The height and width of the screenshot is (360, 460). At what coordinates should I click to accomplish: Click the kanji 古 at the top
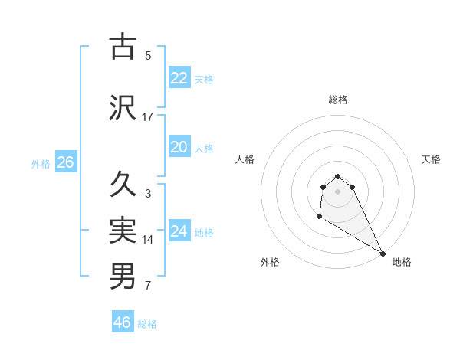(123, 47)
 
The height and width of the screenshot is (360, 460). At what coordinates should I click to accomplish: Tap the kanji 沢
(123, 107)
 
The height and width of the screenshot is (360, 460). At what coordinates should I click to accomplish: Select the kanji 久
(123, 184)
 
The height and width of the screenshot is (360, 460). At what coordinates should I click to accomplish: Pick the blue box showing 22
(179, 78)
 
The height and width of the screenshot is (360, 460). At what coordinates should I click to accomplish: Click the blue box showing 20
(179, 148)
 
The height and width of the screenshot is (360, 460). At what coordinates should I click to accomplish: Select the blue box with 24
(179, 231)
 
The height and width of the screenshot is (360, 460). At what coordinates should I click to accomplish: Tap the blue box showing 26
(65, 162)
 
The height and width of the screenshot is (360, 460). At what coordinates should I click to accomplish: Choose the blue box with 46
(123, 322)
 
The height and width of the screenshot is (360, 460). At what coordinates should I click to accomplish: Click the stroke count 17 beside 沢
(148, 117)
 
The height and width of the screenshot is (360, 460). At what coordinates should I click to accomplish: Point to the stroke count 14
(148, 240)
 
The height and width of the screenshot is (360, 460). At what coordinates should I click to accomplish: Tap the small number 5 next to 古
(148, 56)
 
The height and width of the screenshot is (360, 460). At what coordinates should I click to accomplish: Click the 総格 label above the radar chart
(338, 100)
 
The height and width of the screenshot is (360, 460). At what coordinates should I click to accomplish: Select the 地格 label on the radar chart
(402, 262)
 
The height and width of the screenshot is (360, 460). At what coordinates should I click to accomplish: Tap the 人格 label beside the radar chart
(245, 159)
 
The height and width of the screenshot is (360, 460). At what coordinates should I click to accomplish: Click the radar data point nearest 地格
(383, 253)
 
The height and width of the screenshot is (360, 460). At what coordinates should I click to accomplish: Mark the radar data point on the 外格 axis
(319, 217)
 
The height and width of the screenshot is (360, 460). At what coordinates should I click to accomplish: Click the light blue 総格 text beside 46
(147, 324)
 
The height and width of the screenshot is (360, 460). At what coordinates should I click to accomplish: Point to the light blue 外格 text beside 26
(41, 164)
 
